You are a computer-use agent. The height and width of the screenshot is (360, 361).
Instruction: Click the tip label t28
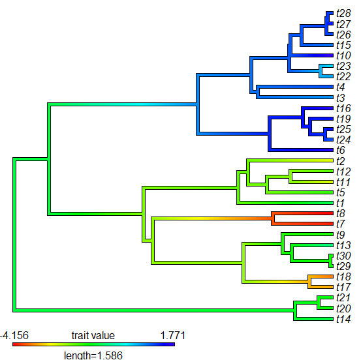(x=343, y=14)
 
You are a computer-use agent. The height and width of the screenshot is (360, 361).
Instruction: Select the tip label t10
(x=343, y=55)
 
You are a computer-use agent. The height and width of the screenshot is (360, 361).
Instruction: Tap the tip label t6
(x=341, y=150)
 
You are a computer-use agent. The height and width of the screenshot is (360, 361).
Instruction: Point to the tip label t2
(x=341, y=161)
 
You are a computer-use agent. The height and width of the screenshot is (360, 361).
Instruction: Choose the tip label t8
(x=341, y=213)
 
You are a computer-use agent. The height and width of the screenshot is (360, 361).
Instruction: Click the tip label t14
(x=343, y=319)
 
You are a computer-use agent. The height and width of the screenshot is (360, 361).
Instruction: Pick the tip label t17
(x=343, y=287)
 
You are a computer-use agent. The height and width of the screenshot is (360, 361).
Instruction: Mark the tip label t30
(x=343, y=256)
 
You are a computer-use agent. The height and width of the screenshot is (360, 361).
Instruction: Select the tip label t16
(x=343, y=108)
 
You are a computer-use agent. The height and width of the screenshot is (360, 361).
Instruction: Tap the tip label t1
(x=341, y=203)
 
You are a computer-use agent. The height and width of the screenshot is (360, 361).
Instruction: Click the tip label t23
(x=343, y=66)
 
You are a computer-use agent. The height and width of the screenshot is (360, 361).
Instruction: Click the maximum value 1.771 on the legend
(x=173, y=335)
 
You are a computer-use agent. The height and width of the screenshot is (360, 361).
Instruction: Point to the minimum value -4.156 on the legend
(x=13, y=335)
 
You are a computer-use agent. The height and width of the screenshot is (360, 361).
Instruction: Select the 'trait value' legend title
(x=93, y=335)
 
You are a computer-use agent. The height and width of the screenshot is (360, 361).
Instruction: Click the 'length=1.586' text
(x=93, y=355)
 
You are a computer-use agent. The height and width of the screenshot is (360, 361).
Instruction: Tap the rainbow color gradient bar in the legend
(x=93, y=344)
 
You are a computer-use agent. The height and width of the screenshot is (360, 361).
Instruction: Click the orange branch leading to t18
(x=320, y=277)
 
